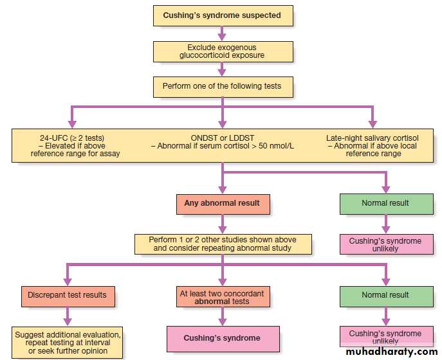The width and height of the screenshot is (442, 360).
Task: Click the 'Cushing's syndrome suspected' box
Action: (222, 15)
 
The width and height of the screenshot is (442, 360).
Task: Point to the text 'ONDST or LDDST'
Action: (221, 137)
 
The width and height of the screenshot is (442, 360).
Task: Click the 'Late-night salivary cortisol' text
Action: (371, 137)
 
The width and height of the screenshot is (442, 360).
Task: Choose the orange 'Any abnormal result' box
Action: (222, 203)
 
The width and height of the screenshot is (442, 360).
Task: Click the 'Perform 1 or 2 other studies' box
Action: (222, 244)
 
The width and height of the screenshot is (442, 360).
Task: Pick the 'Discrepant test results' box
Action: (67, 296)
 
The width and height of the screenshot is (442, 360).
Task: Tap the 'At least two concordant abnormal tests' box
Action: (222, 296)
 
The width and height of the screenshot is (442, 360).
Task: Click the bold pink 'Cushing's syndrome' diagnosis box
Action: (222, 338)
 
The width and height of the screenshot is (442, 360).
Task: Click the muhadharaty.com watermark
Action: (391, 351)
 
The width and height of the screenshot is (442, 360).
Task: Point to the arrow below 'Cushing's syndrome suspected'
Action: (222, 33)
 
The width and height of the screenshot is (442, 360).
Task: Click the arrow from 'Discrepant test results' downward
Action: (67, 316)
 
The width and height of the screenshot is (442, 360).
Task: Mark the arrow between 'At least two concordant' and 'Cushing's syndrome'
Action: (222, 316)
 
